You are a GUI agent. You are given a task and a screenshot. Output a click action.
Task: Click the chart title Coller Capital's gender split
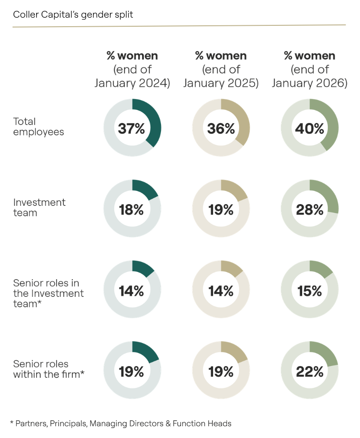pos(73,14)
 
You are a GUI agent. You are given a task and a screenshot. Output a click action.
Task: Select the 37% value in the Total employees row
pos(132,129)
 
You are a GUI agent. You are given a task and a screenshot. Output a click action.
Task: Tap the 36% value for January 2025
pos(221,129)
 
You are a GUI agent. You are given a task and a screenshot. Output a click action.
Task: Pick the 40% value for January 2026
pos(310,129)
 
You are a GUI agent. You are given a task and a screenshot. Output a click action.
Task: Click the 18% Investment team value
pos(132,209)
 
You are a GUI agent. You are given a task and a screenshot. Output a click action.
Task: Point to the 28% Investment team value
pos(310,209)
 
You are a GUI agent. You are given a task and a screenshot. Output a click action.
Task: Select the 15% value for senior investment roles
pos(310,290)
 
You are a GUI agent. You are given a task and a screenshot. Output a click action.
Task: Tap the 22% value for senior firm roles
pos(310,371)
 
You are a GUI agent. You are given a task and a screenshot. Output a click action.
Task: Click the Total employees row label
pos(38,127)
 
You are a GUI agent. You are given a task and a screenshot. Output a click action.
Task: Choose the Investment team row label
pos(39,207)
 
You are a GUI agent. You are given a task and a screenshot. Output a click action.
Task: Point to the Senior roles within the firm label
pos(48,369)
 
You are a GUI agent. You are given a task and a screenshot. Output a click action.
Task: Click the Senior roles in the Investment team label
pos(48,293)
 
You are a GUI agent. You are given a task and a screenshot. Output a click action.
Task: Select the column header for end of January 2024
pos(132,70)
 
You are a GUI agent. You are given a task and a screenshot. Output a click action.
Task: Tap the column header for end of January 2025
pos(221,70)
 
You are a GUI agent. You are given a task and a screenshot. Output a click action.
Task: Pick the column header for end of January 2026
pos(310,70)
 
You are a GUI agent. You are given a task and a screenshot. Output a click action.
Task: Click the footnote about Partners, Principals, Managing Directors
pos(121,424)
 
